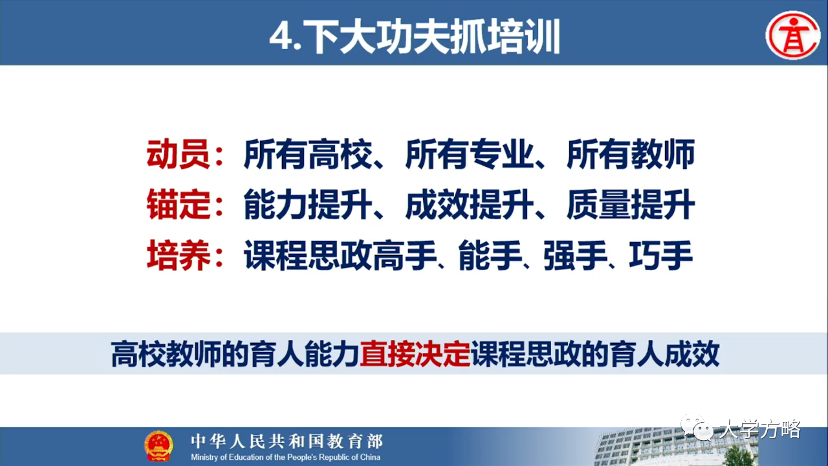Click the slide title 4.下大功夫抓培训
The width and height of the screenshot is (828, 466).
coord(415,37)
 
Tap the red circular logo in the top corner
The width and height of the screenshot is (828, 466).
coord(793,35)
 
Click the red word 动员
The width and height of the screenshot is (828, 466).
coord(179,154)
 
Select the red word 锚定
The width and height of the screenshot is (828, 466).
coord(179,205)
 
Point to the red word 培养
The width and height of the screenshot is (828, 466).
coord(179,255)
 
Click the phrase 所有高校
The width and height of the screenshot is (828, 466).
coord(307,154)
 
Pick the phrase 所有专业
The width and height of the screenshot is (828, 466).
coord(470,154)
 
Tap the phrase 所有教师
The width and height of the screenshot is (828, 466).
coord(631,154)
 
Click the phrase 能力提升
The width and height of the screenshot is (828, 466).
coord(307,205)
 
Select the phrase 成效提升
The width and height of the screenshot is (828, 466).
coord(470,205)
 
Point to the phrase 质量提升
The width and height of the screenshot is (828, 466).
coord(631,205)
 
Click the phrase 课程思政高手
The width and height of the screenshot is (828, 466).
coord(340,255)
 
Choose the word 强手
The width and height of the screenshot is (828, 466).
coord(575,255)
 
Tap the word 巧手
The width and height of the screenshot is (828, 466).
coord(660,255)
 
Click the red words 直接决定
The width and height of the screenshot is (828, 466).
coord(415,354)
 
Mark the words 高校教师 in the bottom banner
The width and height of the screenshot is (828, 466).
coord(166,354)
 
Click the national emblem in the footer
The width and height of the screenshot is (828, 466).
coord(158,446)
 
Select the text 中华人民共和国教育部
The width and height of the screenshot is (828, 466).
coord(287,441)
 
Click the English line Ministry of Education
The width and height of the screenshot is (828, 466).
coord(285,457)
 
